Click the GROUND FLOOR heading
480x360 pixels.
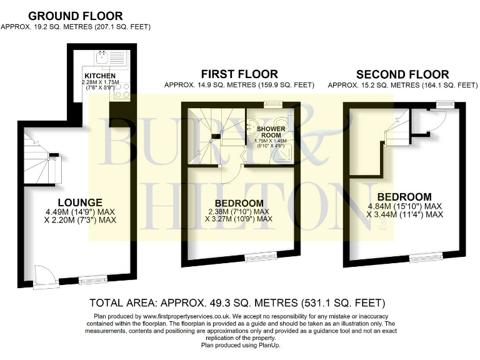tap(76, 16)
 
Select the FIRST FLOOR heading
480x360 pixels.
tap(239, 74)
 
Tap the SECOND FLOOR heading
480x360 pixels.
tap(402, 74)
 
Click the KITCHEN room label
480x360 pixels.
tap(100, 76)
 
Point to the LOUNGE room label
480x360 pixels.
tap(80, 202)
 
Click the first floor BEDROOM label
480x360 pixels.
tap(239, 203)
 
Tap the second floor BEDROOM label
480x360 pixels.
tap(404, 197)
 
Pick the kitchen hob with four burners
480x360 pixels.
tap(122, 91)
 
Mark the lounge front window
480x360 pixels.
tap(93, 280)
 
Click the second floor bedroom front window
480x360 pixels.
tap(426, 255)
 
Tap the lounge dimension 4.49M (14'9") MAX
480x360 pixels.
tap(80, 211)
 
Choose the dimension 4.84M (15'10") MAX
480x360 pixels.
tap(404, 206)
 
